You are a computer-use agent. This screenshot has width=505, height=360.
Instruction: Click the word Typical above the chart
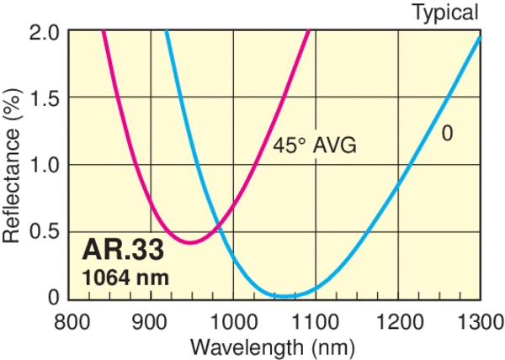coord(445,12)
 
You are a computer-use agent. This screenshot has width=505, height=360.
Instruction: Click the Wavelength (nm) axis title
coord(273,346)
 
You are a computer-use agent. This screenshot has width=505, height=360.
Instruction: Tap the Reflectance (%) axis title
coord(13,165)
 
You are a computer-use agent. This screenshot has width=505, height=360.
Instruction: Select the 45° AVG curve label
coord(315,146)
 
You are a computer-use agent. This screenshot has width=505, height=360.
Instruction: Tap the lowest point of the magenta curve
coord(192,243)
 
